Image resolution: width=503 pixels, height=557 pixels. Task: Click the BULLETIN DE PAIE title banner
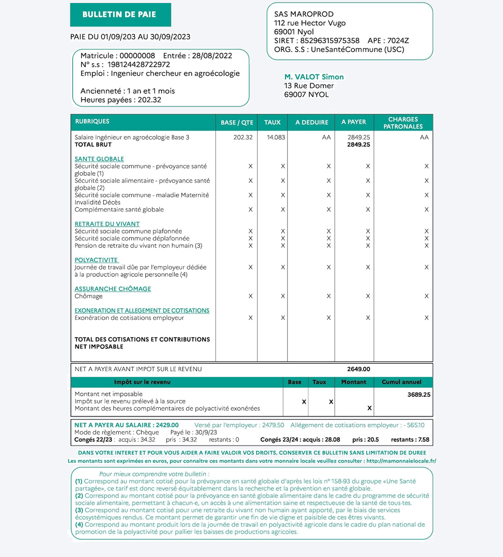[x=120, y=15]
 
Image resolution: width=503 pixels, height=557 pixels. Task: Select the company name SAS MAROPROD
[x=304, y=14]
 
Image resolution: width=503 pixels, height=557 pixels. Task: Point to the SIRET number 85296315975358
[x=330, y=41]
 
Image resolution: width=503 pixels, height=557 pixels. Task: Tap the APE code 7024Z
[x=398, y=41]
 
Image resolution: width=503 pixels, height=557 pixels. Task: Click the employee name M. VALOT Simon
[x=314, y=77]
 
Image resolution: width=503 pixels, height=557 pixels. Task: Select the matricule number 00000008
[x=137, y=56]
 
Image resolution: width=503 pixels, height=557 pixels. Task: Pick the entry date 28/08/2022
[x=212, y=56]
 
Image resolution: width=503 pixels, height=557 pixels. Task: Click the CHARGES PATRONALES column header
[x=403, y=123]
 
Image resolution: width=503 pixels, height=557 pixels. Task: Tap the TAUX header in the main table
[x=272, y=123]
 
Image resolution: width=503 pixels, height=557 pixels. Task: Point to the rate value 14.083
[x=276, y=138]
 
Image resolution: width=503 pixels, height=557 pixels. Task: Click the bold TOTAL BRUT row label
[x=93, y=145]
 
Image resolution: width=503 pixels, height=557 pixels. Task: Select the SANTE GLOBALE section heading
[x=99, y=159]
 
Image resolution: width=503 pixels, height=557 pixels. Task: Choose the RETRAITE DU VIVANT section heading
[x=107, y=224]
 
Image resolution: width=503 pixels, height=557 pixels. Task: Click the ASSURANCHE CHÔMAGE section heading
[x=113, y=289]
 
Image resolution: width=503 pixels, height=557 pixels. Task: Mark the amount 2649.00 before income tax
[x=358, y=369]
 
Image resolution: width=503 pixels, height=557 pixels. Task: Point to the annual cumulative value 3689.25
[x=419, y=395]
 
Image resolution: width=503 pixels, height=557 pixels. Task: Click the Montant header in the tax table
[x=353, y=382]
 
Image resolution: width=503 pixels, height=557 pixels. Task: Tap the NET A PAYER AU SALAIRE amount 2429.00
[x=167, y=425]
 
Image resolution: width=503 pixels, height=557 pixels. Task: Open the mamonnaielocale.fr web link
[x=401, y=461]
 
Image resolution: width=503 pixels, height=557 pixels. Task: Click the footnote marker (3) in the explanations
[x=79, y=510]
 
